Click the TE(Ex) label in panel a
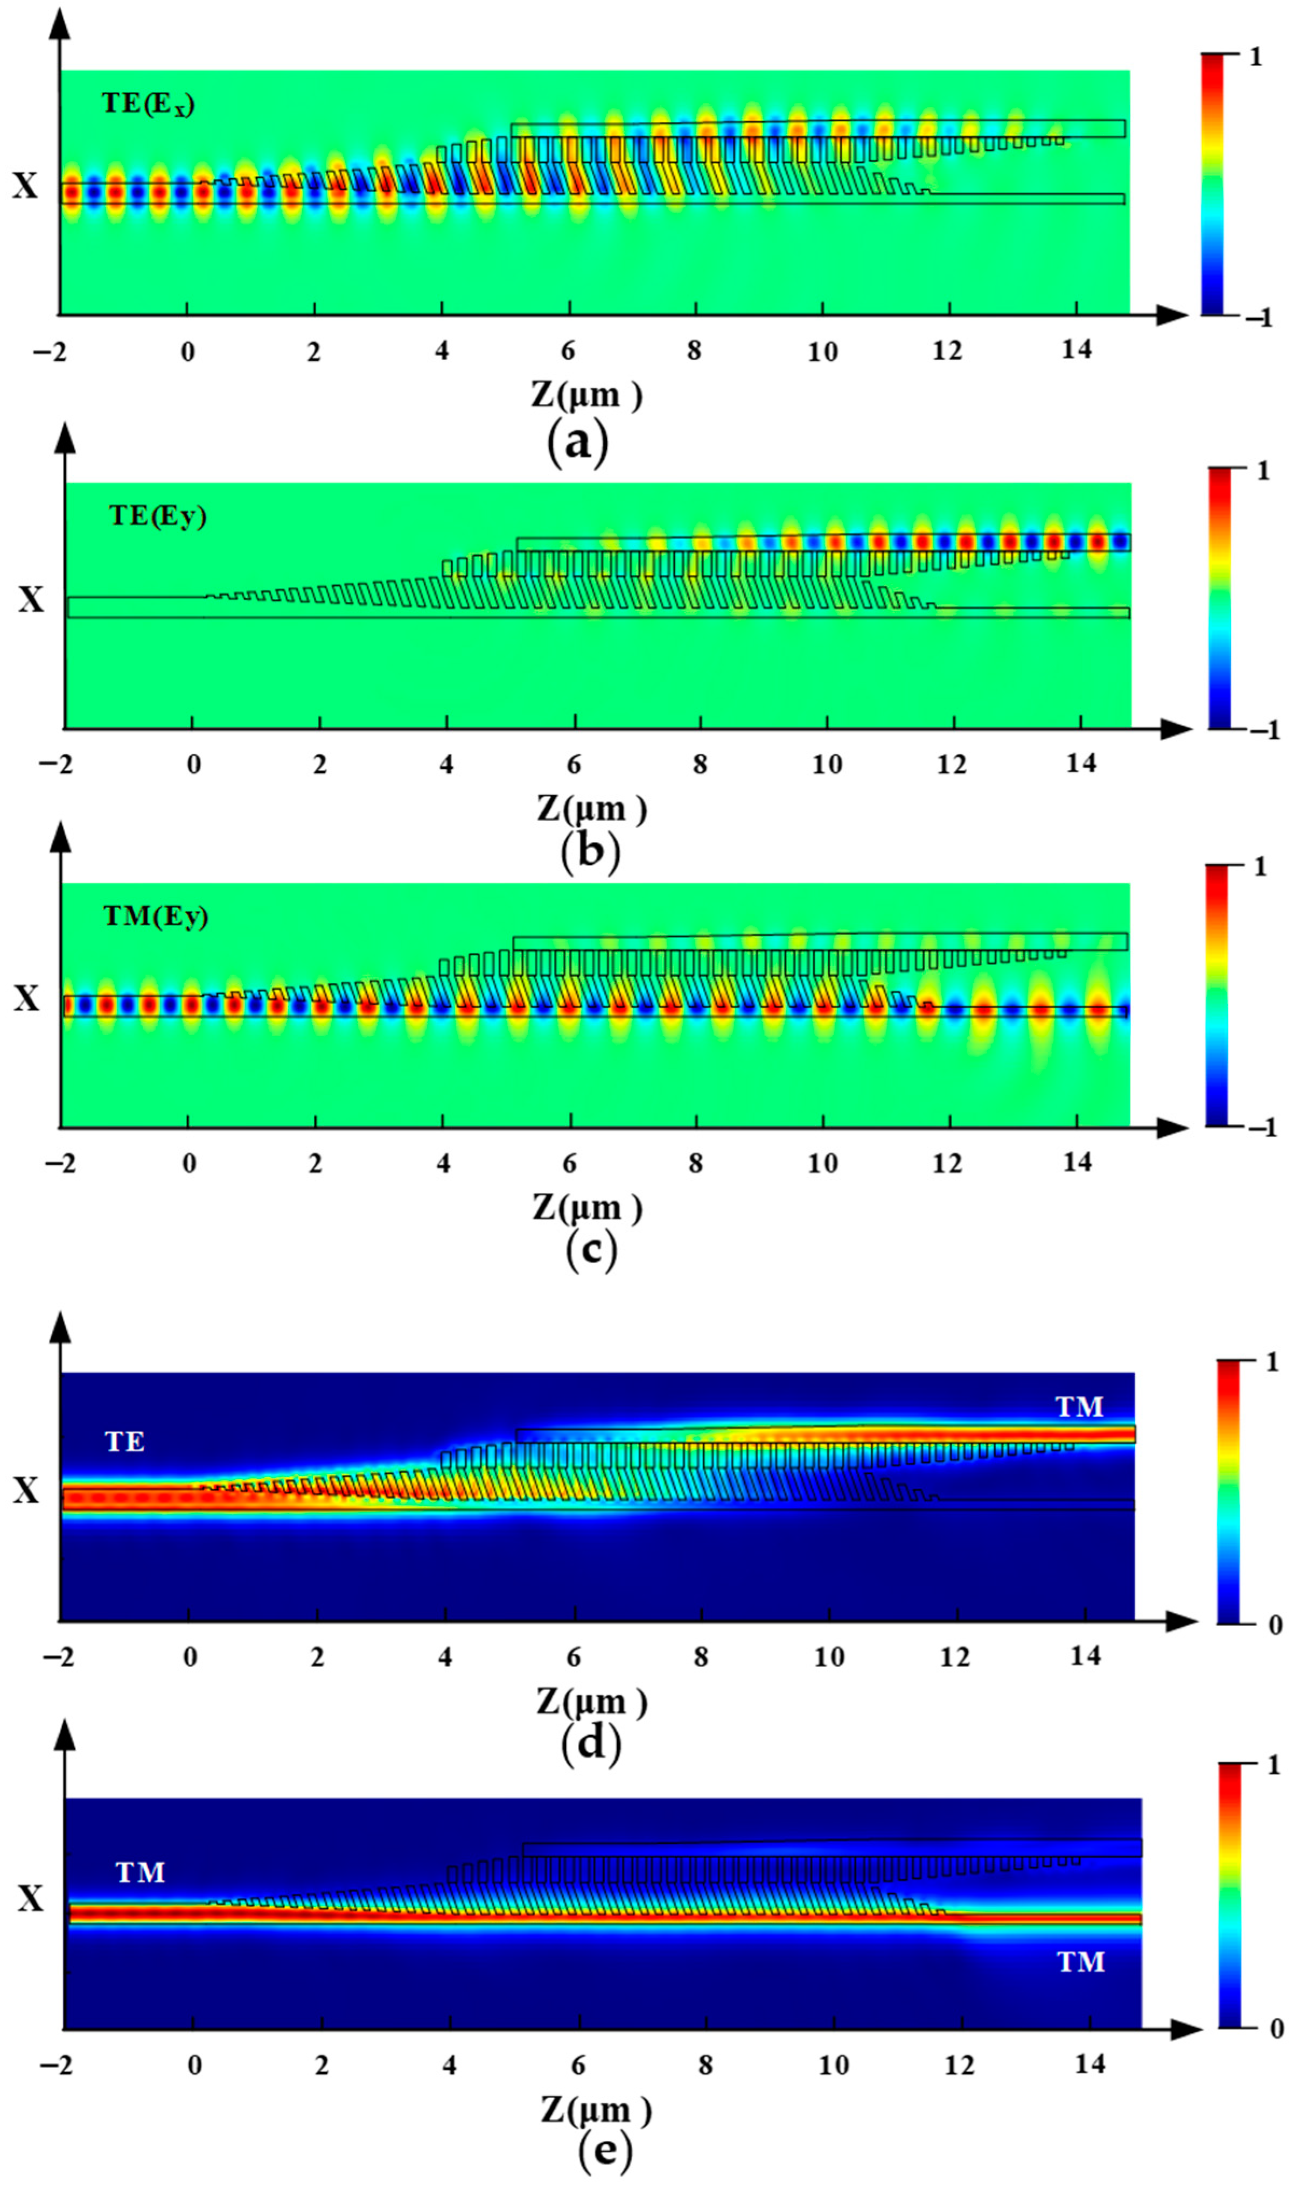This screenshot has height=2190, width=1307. click(148, 104)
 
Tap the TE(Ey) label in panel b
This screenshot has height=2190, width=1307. click(158, 515)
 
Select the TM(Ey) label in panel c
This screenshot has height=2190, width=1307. click(156, 916)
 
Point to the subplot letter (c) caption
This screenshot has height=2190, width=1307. click(591, 1249)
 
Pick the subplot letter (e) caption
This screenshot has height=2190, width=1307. click(605, 2150)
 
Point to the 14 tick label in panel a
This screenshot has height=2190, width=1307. click(1075, 351)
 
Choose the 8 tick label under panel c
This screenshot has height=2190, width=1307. click(696, 1163)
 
